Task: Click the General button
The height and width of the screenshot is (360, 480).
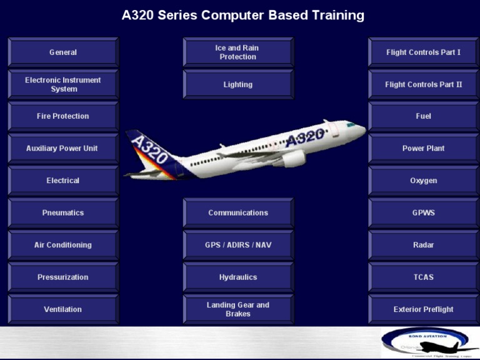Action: (63, 52)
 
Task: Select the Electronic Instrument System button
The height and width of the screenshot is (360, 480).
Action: (63, 84)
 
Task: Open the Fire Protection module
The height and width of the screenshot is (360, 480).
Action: (63, 116)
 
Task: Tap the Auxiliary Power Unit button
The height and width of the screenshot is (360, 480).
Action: (63, 149)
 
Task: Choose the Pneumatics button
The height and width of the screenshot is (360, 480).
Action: (63, 213)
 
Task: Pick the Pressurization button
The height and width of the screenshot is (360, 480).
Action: (63, 277)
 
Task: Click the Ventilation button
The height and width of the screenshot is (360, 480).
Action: (63, 309)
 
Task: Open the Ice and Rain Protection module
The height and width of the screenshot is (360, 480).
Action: (238, 52)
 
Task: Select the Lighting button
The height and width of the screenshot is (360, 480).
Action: (238, 84)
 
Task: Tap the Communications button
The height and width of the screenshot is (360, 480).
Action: (238, 213)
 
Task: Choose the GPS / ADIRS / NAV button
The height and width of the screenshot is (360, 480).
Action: (238, 245)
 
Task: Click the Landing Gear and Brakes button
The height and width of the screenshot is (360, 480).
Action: (238, 309)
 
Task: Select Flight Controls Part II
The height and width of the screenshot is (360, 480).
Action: (424, 84)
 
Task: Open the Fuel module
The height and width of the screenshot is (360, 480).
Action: (424, 116)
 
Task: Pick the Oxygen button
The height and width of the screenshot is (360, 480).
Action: (424, 181)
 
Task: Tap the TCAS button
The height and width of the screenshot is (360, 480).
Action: (424, 277)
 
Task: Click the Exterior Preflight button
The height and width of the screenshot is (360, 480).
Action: (424, 309)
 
